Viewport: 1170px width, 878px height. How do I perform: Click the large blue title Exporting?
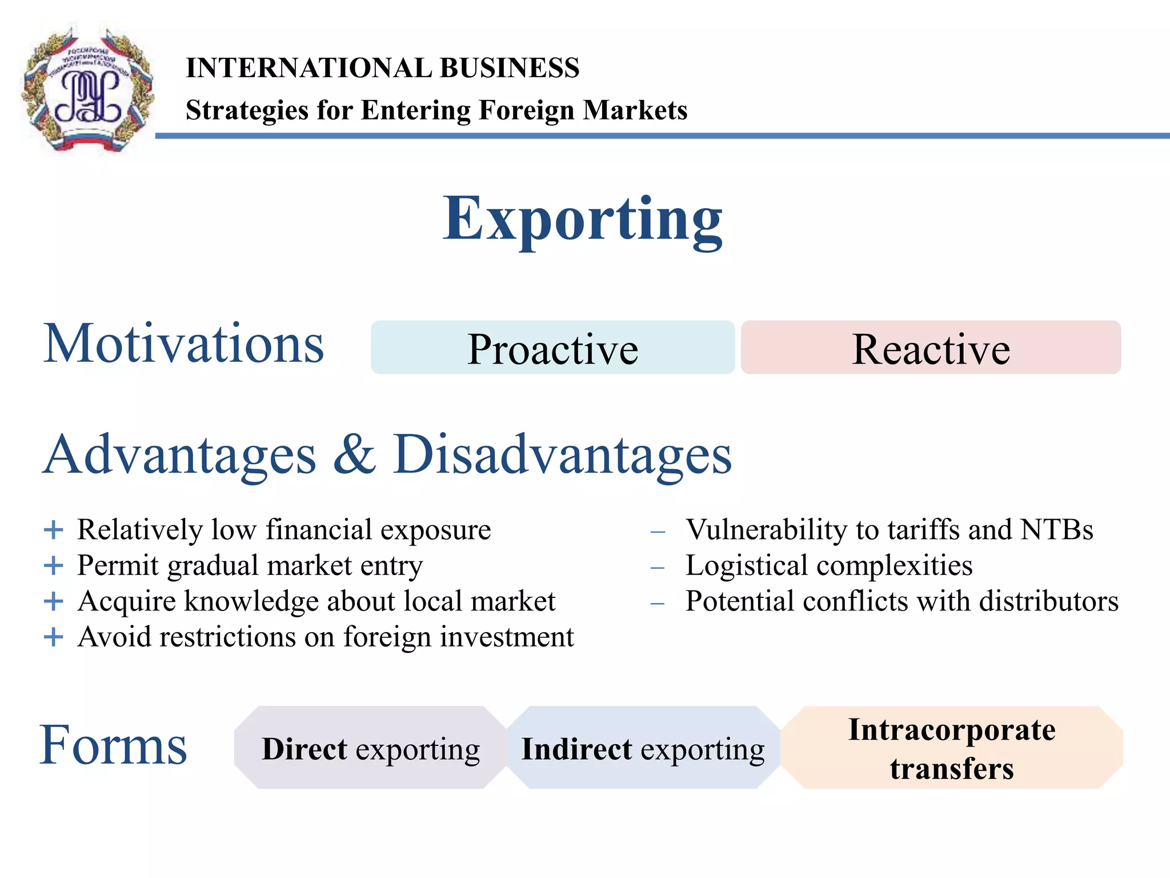coord(583,220)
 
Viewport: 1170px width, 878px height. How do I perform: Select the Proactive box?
coord(552,348)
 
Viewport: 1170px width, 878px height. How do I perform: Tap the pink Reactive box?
coord(931,348)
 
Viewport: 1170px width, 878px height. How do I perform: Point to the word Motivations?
coord(183,344)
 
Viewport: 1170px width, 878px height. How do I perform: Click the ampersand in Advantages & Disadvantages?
coord(354,454)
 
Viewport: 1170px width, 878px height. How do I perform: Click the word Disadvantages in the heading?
coord(562,454)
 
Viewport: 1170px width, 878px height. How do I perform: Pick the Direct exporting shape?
coord(370,748)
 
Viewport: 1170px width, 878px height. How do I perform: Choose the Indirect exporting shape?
coord(643,748)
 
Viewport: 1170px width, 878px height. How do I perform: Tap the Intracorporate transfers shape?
coord(951,748)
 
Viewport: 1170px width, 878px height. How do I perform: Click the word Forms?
coord(113,745)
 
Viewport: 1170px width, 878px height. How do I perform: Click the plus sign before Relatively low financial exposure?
coord(53,530)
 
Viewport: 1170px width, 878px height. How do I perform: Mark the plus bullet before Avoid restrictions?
coord(53,637)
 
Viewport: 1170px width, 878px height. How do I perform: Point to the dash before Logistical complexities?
coord(658,568)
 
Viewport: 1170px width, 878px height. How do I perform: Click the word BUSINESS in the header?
coord(510,68)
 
